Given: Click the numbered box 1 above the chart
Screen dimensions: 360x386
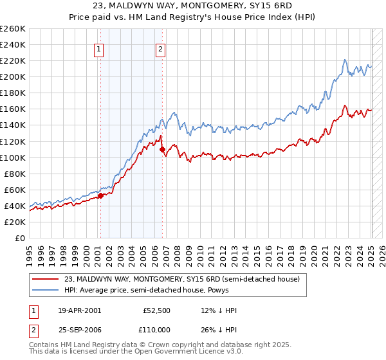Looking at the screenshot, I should (100, 50).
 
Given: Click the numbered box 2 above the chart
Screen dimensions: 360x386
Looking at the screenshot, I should (160, 50).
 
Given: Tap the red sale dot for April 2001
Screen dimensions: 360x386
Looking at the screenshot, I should (100, 195).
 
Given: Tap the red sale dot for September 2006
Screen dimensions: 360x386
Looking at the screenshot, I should (163, 149).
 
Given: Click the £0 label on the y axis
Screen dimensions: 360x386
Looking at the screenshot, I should (20, 238).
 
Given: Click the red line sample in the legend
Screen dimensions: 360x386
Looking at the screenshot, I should (46, 280).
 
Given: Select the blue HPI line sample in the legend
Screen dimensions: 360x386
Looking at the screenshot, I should (46, 290).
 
